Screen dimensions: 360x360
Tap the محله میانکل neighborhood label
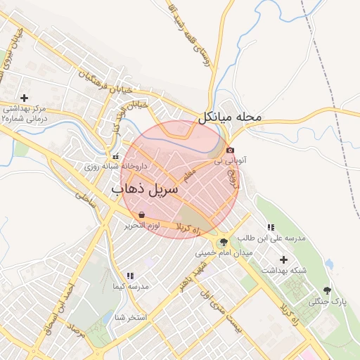tap(230, 117)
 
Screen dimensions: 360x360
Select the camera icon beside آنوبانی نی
tap(230, 150)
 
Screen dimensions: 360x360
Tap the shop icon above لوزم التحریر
tap(142, 214)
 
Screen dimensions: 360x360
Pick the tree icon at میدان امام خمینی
tap(224, 241)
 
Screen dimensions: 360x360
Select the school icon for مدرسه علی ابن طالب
tap(271, 227)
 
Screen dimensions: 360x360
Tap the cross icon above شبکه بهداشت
tap(283, 259)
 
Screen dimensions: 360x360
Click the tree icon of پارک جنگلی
tap(326, 290)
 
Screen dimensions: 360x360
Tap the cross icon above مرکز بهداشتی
tap(25, 98)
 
